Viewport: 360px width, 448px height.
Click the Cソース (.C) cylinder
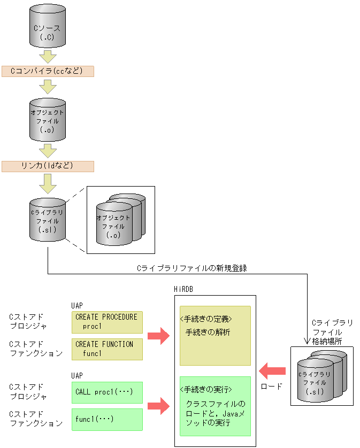tap(48, 27)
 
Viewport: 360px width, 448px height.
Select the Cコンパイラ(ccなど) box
tap(48, 71)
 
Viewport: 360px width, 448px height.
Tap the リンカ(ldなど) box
tap(48, 166)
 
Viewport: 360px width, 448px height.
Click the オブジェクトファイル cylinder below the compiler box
tap(48, 120)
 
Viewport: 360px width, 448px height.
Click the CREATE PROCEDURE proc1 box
tap(107, 322)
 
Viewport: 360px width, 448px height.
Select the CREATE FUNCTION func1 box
tap(107, 349)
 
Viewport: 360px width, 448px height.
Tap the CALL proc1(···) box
tap(107, 392)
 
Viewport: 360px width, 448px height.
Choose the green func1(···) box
tap(107, 419)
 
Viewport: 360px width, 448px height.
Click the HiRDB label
tap(183, 289)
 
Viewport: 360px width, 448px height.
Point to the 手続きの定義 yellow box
tap(215, 335)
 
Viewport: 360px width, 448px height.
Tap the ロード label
tap(271, 386)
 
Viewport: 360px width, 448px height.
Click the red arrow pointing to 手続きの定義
tap(158, 336)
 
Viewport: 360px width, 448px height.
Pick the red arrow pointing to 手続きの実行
tap(158, 406)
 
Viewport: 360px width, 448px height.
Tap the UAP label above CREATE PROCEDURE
tap(77, 305)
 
